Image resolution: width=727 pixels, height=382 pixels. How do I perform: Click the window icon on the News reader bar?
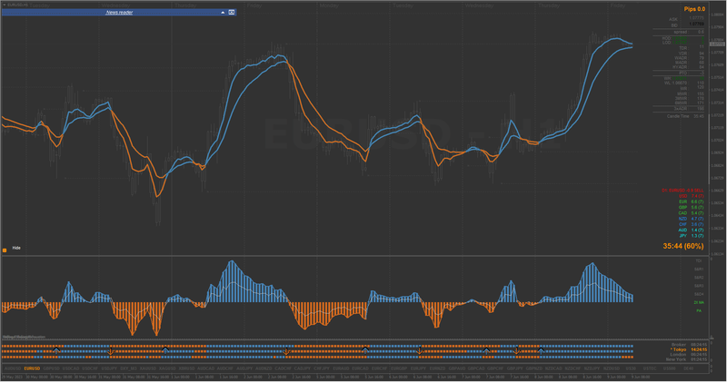tap(231, 13)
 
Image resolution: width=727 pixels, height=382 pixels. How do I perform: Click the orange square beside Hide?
tap(5, 248)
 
